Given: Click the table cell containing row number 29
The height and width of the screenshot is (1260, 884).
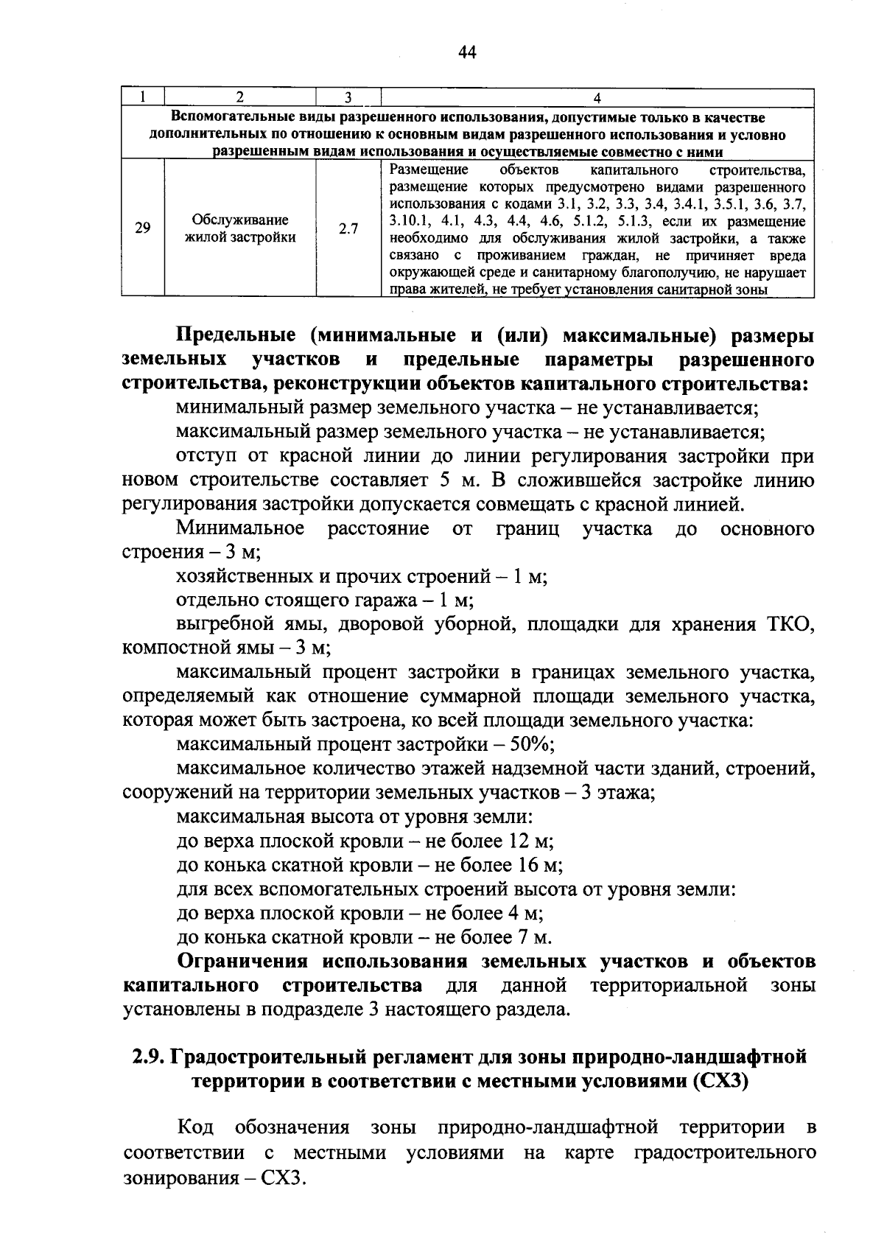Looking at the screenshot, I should coord(143,228).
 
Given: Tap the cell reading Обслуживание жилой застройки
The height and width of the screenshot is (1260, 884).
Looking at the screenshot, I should coord(240,228).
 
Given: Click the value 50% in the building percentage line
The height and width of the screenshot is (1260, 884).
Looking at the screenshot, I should coord(532,744).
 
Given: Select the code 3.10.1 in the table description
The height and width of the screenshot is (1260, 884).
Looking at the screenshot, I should coord(410,221).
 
